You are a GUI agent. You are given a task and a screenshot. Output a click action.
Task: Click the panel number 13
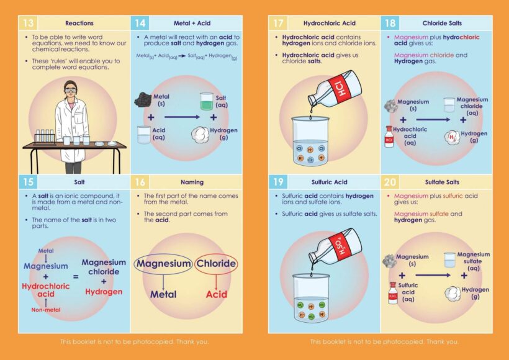29,24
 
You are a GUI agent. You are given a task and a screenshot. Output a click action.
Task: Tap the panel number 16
141,182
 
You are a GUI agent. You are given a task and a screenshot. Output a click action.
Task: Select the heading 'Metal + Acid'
191,24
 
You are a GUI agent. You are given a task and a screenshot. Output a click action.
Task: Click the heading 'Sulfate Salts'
442,182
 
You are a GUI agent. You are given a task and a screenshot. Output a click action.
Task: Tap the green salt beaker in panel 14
207,102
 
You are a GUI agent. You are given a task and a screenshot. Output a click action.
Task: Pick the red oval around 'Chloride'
216,264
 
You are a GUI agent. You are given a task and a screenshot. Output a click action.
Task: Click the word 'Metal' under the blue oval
163,294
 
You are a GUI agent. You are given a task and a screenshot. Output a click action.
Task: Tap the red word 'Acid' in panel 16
216,294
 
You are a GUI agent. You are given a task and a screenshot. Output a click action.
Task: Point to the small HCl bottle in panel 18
389,137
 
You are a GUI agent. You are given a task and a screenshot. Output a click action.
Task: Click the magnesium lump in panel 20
389,260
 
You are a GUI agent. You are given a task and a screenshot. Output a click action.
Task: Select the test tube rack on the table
46,137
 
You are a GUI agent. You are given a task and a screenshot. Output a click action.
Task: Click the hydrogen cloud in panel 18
453,137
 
